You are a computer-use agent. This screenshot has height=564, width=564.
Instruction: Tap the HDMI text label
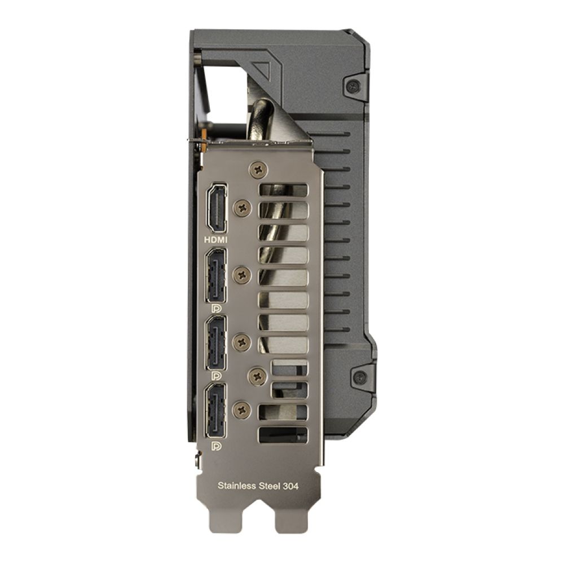[x=216, y=240]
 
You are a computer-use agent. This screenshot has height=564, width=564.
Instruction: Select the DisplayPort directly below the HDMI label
[x=216, y=275]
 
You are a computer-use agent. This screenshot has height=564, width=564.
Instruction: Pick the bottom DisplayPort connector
[x=216, y=411]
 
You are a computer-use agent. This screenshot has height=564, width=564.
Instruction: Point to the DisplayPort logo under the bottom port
[x=217, y=446]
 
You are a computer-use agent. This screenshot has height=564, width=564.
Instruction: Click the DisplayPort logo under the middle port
[x=217, y=376]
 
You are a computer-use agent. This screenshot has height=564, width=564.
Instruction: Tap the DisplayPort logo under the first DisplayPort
[x=217, y=309]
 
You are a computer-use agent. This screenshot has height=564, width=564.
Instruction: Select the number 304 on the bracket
[x=290, y=486]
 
